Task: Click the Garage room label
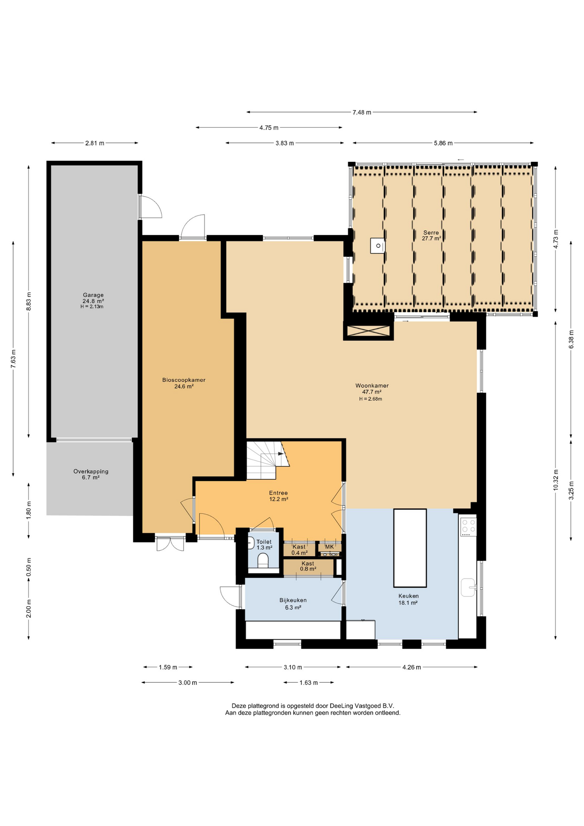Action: point(93,295)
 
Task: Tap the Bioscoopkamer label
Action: point(184,380)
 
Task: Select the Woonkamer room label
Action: point(372,386)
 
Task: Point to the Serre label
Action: point(431,233)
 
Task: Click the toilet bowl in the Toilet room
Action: point(263,561)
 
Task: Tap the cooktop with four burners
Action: point(468,527)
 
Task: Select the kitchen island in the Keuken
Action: point(410,548)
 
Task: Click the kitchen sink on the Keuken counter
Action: point(468,587)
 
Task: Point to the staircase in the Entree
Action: point(267,459)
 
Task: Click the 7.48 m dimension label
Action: point(362,112)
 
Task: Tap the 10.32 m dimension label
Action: point(556,480)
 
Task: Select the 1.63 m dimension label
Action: point(309,683)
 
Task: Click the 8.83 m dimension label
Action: point(29,302)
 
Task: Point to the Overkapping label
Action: point(91,472)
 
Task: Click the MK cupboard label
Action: point(329,547)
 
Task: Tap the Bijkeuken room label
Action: point(293,600)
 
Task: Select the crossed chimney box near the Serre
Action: point(369,331)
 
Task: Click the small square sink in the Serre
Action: point(378,246)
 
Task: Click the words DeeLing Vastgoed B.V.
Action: point(362,706)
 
